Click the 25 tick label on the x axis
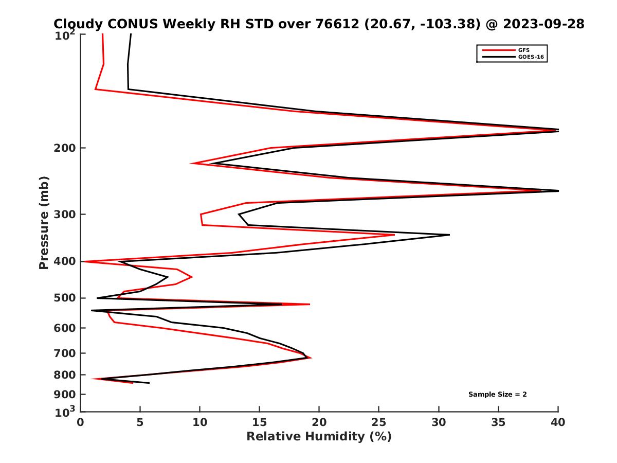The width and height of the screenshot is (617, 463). coord(379,422)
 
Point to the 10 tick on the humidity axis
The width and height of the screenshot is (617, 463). coord(199,422)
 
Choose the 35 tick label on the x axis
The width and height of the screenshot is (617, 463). coord(498,422)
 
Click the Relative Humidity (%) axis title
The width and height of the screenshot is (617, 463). coord(319,437)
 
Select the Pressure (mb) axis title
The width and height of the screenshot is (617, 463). coord(44,222)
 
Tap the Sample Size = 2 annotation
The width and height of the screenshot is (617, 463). coord(497,395)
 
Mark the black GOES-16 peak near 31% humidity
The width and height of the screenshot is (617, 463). coord(449,235)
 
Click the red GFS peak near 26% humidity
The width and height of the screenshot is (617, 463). coord(393,235)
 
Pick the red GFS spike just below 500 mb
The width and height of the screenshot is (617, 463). coord(308,305)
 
